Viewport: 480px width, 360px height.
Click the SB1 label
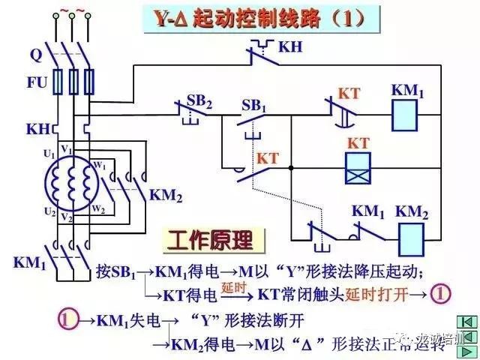253,106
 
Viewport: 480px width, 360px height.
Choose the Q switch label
35,55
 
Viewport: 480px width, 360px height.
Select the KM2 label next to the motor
166,194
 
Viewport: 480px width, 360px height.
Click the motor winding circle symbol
69,182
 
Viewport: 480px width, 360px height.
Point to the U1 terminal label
49,154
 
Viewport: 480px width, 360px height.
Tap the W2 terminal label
97,209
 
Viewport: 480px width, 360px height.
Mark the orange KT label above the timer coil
357,142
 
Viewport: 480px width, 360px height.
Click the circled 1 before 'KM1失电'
68,319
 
